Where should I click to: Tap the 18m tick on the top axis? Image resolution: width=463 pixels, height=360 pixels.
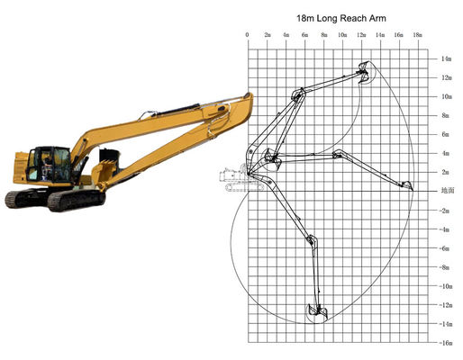pos(417,34)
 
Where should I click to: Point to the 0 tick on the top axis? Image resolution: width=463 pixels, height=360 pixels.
pos(248,34)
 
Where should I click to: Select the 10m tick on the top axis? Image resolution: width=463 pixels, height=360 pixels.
pos(342,34)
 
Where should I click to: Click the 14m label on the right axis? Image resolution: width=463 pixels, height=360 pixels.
pos(445,58)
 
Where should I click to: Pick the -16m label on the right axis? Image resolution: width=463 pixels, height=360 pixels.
pos(445,342)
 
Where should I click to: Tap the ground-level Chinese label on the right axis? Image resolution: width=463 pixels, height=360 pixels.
pos(445,191)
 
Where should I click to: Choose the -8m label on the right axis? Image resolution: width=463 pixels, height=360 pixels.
pos(445,266)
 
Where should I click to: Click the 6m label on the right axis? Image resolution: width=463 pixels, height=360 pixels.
pos(445,134)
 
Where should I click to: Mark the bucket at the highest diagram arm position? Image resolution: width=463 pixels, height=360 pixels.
pos(365,71)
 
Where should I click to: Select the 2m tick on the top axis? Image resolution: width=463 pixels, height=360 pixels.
pos(267,34)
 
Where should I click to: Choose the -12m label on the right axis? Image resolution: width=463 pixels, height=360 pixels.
pos(445,304)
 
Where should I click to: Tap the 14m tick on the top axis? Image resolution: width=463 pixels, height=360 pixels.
pos(379,34)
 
